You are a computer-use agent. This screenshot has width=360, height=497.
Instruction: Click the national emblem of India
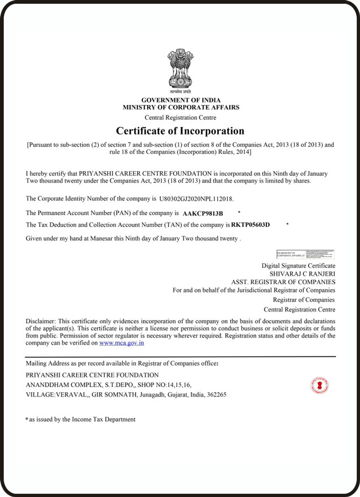coord(180,71)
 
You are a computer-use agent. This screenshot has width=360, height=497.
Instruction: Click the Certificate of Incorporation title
coord(180,131)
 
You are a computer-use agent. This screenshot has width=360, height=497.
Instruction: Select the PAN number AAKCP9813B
coord(203,213)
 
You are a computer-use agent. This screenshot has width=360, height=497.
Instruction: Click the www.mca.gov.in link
coord(122,343)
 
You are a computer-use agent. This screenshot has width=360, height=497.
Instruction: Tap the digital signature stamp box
coord(305,254)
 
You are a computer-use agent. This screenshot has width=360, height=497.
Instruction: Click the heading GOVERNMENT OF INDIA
coord(180,100)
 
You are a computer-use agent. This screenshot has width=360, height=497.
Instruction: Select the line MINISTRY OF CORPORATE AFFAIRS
coord(181,108)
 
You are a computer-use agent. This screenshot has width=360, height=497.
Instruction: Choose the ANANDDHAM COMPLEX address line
coord(109,385)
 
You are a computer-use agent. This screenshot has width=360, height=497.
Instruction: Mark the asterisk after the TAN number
coord(288,224)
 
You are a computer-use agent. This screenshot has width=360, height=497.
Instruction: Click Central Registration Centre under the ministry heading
coord(180,117)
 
